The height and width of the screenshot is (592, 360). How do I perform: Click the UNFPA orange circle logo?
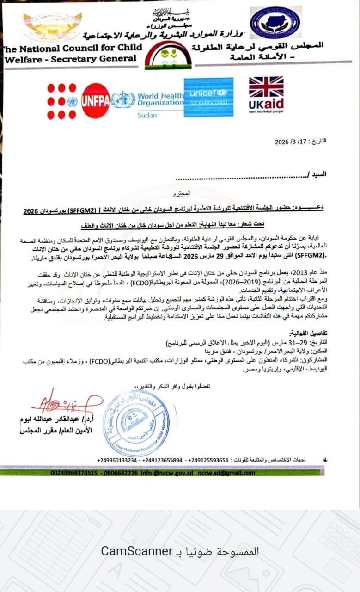(x=95, y=101)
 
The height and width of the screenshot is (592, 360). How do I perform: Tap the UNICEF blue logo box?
(x=208, y=97)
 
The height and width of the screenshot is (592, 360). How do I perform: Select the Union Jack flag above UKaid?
(x=266, y=86)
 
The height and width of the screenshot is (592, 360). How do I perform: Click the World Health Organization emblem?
(x=123, y=100)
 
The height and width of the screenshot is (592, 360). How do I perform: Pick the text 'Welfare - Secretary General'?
(x=71, y=59)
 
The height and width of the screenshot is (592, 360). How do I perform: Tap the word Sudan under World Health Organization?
(x=147, y=115)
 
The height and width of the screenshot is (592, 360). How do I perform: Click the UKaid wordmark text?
(x=266, y=104)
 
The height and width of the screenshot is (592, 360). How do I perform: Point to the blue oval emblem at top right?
(x=275, y=22)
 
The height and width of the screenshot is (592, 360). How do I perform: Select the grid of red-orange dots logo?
(x=61, y=101)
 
